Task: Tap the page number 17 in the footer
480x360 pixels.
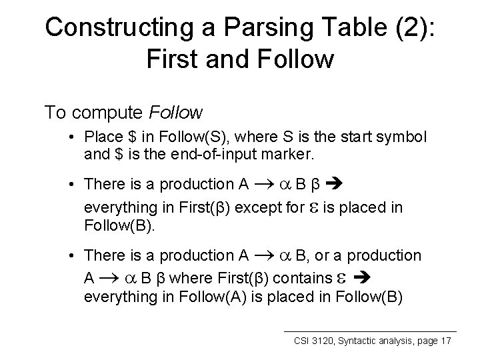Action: pos(446,341)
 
